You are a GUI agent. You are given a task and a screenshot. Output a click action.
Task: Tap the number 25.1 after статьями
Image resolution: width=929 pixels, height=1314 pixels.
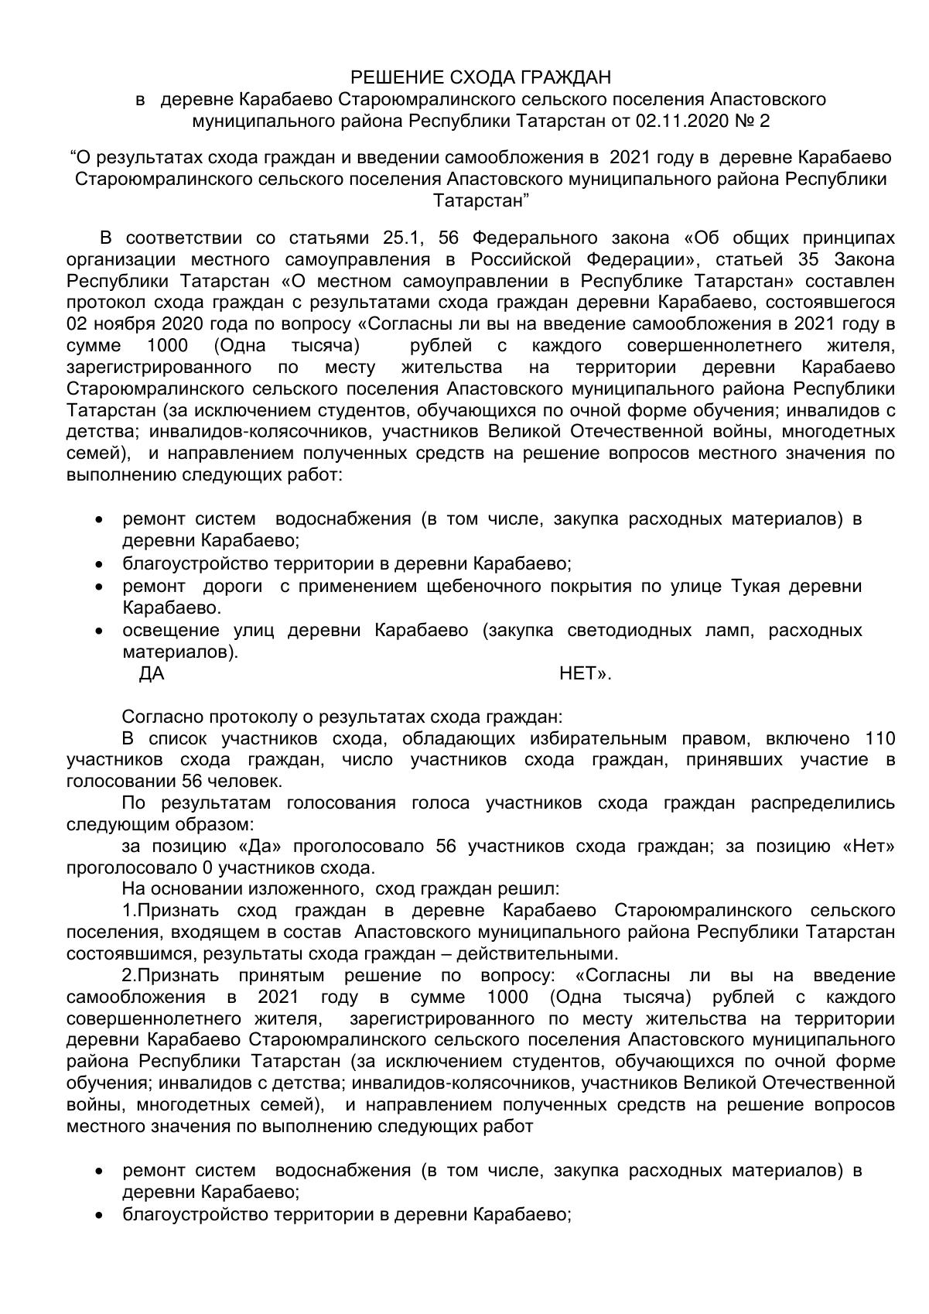(x=401, y=237)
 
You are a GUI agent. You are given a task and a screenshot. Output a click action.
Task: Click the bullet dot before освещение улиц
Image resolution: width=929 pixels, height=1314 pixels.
(x=98, y=631)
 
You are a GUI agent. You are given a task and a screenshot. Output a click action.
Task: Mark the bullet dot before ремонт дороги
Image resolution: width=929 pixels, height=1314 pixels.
(x=98, y=587)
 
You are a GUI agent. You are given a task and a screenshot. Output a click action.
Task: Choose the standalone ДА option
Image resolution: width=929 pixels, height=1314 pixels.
(x=152, y=674)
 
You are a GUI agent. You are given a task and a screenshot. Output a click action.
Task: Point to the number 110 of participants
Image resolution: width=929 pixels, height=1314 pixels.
(x=879, y=738)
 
